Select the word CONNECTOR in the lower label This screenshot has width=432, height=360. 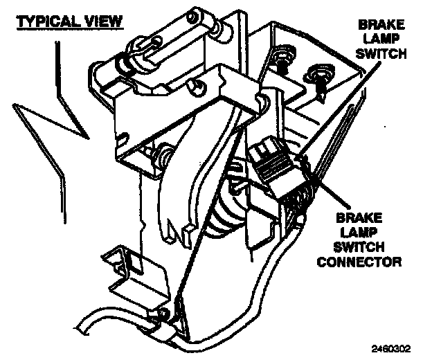[x=368, y=262]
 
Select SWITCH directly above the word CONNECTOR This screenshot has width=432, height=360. [x=367, y=248]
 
